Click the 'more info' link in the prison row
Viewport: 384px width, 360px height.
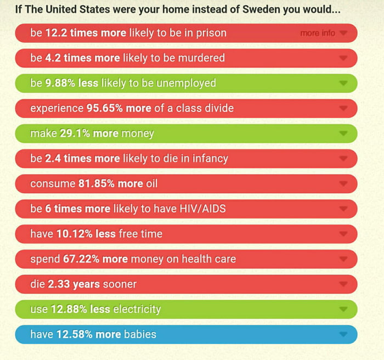318,33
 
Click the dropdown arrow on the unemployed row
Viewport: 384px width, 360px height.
343,83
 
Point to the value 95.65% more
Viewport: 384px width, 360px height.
118,108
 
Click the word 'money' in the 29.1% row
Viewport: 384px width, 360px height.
138,133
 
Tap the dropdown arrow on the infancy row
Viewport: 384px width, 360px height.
343,159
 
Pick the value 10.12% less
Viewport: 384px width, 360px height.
86,234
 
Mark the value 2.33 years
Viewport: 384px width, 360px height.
76,284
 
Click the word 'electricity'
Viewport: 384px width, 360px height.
137,309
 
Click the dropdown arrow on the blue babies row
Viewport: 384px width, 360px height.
343,334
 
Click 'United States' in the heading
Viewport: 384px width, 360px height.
72,10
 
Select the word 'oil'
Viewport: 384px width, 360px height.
151,183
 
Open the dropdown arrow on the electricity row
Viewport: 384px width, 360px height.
343,309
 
